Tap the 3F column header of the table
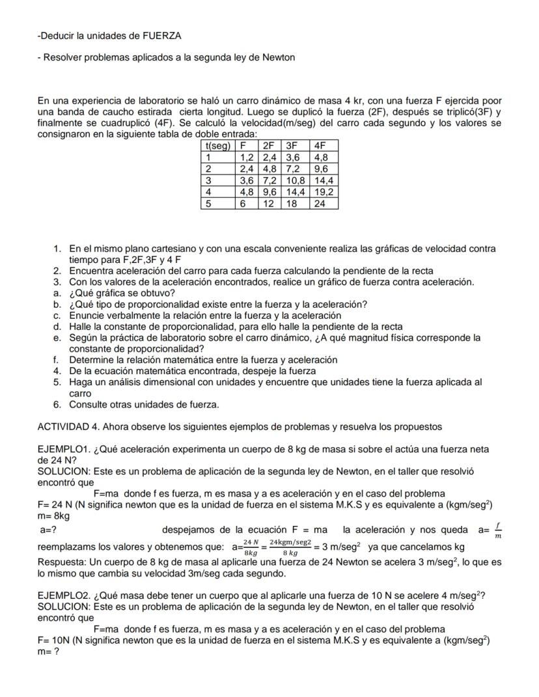point(292,146)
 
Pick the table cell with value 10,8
point(294,180)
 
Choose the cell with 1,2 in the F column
point(246,157)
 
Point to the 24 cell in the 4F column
point(319,204)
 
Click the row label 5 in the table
point(209,204)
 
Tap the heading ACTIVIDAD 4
point(68,427)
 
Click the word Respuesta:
point(63,562)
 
